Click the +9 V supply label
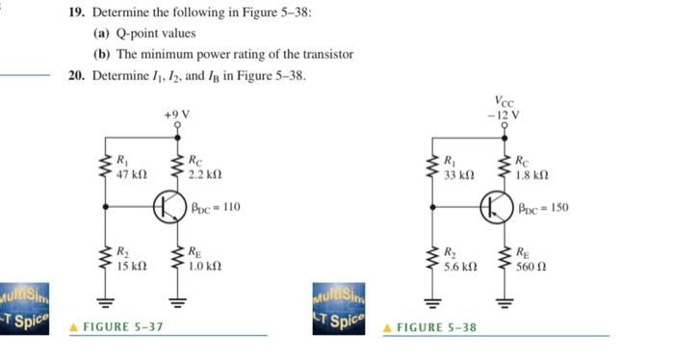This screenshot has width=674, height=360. [177, 115]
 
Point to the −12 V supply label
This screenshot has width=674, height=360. [504, 115]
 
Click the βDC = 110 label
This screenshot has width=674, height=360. [216, 206]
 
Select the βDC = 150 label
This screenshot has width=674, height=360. [544, 206]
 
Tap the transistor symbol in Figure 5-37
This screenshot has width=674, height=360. [171, 206]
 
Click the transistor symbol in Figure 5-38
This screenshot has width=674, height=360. [498, 206]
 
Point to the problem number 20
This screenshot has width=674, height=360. [77, 75]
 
